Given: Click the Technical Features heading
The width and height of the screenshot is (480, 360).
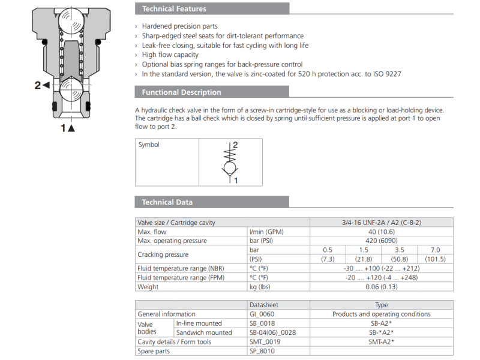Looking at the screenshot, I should tap(173, 9).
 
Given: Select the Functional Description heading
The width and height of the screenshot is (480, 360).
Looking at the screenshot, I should tap(181, 92).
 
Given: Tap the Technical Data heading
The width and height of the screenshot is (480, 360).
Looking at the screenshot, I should tap(167, 202).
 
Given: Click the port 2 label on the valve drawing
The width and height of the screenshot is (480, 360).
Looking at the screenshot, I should tap(41, 85).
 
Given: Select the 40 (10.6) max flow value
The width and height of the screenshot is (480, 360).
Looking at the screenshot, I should tap(381, 232).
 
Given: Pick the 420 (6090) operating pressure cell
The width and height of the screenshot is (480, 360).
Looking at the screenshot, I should tap(381, 241).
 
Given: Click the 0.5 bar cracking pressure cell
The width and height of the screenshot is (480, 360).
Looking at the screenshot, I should tap(328, 250).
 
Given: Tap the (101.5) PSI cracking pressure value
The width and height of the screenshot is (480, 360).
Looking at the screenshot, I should tap(435, 259).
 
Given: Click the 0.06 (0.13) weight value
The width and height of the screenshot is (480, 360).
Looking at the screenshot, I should tap(381, 287).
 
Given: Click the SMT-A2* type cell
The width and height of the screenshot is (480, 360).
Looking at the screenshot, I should tap(381, 341).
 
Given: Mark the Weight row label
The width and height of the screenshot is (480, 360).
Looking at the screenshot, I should tap(148, 287).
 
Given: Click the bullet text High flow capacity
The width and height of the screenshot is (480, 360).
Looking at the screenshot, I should tap(170, 55).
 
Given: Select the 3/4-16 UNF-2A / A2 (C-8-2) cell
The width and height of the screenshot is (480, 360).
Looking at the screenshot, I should tap(381, 223).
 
